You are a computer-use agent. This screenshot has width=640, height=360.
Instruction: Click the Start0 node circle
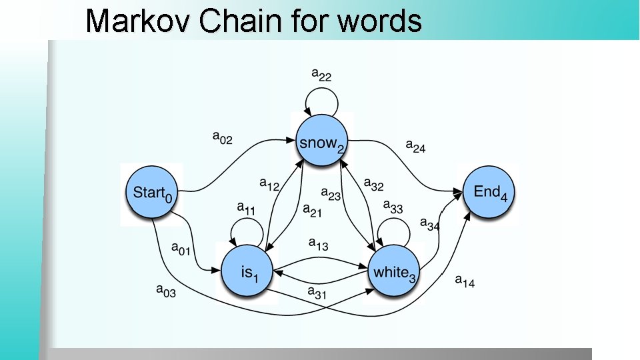point(152,193)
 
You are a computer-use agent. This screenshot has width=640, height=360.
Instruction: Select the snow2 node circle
point(323,141)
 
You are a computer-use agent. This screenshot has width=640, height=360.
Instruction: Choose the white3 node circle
point(395,271)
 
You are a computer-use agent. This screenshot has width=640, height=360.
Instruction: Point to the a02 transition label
point(223,137)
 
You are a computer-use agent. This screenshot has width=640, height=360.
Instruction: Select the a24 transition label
point(415,146)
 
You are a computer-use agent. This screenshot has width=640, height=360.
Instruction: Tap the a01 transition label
point(181,249)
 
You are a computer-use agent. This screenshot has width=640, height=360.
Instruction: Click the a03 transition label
point(165,290)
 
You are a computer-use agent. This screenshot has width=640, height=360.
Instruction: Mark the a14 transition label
point(465,281)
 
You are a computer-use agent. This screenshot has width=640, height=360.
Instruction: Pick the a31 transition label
point(317,291)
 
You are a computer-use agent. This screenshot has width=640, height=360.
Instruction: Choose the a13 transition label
point(318,244)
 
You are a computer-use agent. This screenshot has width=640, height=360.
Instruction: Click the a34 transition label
point(429,224)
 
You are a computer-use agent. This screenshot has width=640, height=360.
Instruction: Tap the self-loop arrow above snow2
point(323,100)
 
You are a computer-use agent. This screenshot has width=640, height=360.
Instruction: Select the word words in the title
point(380,21)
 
